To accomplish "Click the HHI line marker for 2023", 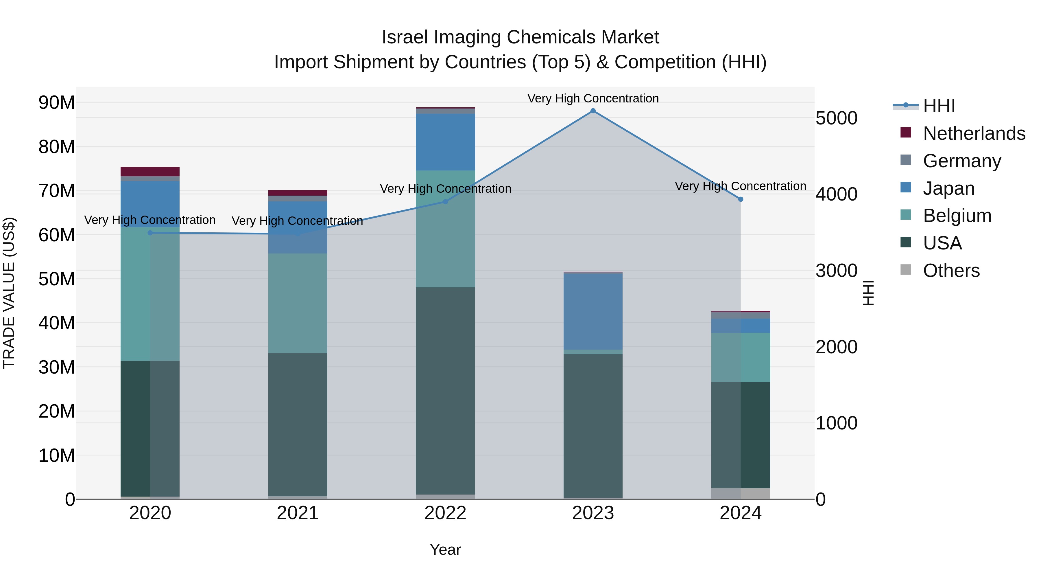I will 593,111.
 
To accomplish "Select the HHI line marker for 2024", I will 740,199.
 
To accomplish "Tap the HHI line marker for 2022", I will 445,202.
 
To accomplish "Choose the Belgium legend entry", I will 957,216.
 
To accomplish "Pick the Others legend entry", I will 950,271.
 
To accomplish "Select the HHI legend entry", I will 938,106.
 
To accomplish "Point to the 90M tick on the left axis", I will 57,103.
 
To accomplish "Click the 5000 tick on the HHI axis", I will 836,118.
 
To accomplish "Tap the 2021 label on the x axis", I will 298,513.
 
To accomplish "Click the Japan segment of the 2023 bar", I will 593,311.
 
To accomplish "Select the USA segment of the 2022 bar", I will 445,390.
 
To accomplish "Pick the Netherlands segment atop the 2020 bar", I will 150,172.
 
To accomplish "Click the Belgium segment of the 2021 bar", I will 298,303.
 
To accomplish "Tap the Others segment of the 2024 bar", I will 740,493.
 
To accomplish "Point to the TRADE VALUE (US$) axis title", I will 9,293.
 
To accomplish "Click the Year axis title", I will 445,550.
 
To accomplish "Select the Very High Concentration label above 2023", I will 593,98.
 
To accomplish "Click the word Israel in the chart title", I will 405,37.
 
